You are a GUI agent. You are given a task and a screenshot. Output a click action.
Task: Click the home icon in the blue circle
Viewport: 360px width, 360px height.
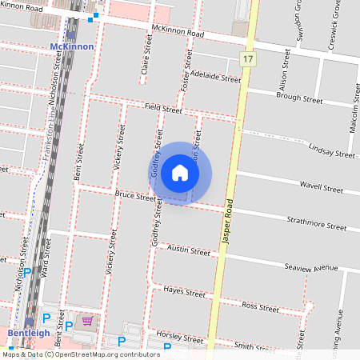point(180,173)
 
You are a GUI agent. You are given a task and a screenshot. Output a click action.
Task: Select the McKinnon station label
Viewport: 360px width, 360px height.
point(71,46)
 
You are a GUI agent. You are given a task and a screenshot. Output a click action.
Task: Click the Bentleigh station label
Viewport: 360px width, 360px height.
point(29,332)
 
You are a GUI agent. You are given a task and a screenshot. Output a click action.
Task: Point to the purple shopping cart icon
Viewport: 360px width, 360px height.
point(87,321)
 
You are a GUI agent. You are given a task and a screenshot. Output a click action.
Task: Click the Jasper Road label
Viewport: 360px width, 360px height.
point(227,221)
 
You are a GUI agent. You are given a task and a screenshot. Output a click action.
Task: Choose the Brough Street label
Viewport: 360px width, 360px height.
point(298,99)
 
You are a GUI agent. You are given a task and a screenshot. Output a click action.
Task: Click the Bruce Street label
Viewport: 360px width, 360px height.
point(135,194)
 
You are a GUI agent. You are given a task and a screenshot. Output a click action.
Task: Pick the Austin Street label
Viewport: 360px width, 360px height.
point(188,250)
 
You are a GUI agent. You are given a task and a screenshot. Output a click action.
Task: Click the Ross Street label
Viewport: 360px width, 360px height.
point(260,306)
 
